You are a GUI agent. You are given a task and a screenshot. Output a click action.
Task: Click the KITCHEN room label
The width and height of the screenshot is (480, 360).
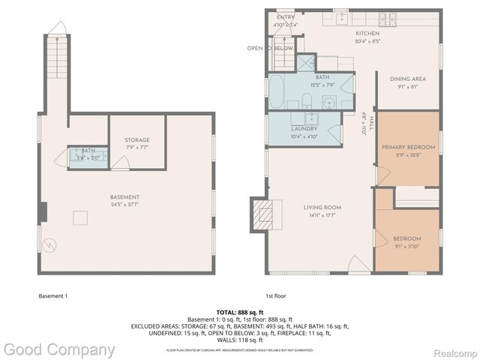(x=367, y=34)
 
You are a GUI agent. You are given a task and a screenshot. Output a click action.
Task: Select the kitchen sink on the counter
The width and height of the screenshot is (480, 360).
(x=340, y=18)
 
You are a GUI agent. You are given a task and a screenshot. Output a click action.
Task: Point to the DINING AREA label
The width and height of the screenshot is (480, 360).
(x=407, y=79)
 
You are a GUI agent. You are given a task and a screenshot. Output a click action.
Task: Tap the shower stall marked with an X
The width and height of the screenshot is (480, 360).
(x=306, y=63)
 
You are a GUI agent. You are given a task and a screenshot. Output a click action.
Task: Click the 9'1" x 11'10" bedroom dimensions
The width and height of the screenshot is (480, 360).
(x=407, y=246)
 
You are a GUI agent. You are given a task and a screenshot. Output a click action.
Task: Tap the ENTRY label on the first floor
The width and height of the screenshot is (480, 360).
(x=285, y=17)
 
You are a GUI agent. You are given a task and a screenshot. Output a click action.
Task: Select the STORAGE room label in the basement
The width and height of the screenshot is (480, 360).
(x=136, y=139)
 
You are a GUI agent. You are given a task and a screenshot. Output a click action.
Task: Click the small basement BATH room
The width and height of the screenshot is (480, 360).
(x=88, y=156)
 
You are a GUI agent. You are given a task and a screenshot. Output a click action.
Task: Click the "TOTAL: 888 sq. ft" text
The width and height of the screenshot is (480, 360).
(x=239, y=311)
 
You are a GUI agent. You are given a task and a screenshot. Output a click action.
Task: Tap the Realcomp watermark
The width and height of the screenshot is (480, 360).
(x=451, y=350)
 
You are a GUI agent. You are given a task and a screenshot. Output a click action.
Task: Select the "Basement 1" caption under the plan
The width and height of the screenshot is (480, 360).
(x=52, y=295)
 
